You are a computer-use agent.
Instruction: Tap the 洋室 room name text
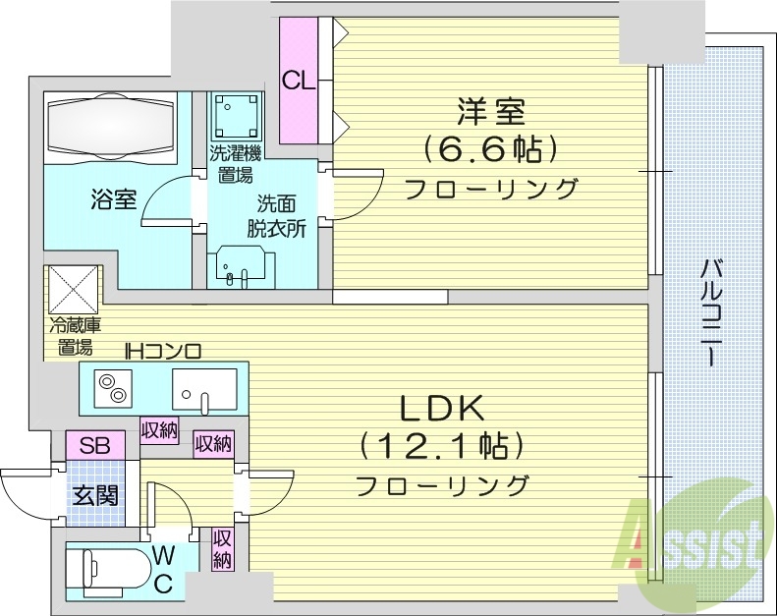point(488,111)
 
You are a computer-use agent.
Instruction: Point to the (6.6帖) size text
point(490,149)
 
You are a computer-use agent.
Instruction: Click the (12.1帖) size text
point(439,447)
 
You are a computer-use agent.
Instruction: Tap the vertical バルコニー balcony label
point(711,311)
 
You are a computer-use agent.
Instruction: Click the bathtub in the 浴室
point(110,127)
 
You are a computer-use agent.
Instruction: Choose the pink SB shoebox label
point(94,445)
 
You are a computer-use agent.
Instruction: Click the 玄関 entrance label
point(95,494)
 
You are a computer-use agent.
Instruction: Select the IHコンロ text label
point(162,349)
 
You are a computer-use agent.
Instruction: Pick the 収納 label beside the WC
point(222,548)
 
